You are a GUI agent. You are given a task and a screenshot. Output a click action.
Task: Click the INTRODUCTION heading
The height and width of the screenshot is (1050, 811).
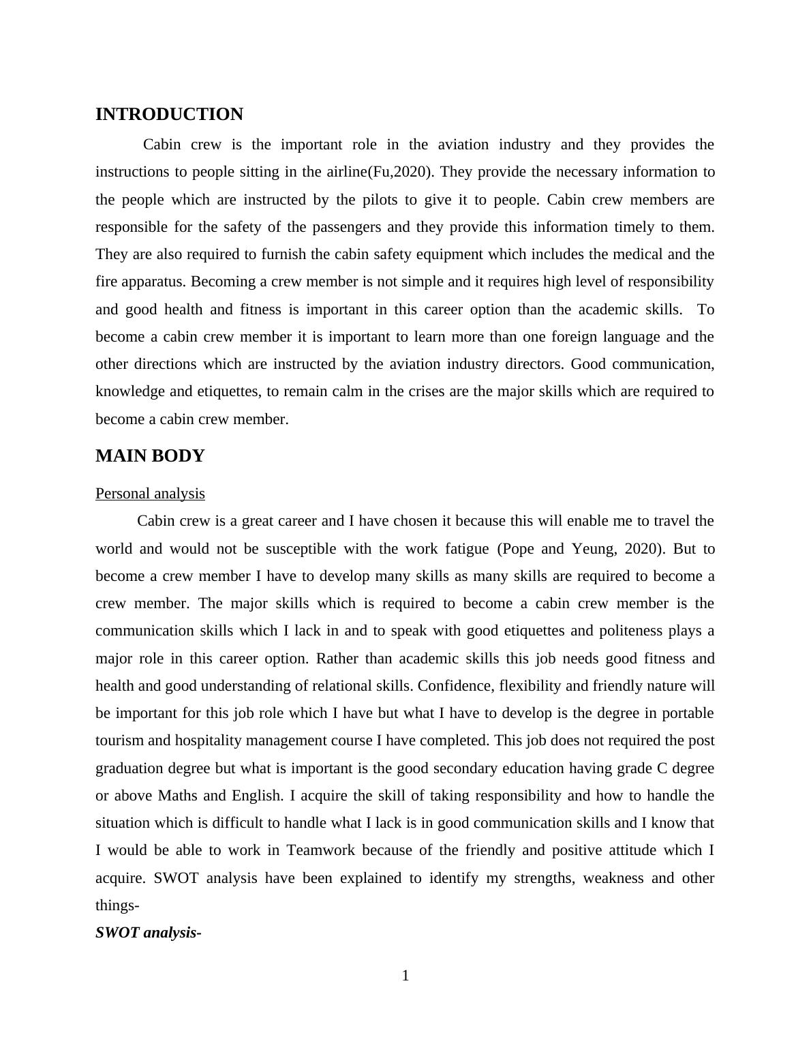click(x=169, y=115)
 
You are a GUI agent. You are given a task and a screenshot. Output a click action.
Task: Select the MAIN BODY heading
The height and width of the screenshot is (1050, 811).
click(x=150, y=456)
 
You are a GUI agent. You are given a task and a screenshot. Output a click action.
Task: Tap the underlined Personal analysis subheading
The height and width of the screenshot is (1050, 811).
click(x=150, y=493)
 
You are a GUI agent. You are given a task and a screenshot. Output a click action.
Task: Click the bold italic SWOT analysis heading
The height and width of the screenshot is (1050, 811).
click(x=148, y=933)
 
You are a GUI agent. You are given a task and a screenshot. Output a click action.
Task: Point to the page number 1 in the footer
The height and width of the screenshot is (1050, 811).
click(x=405, y=976)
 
